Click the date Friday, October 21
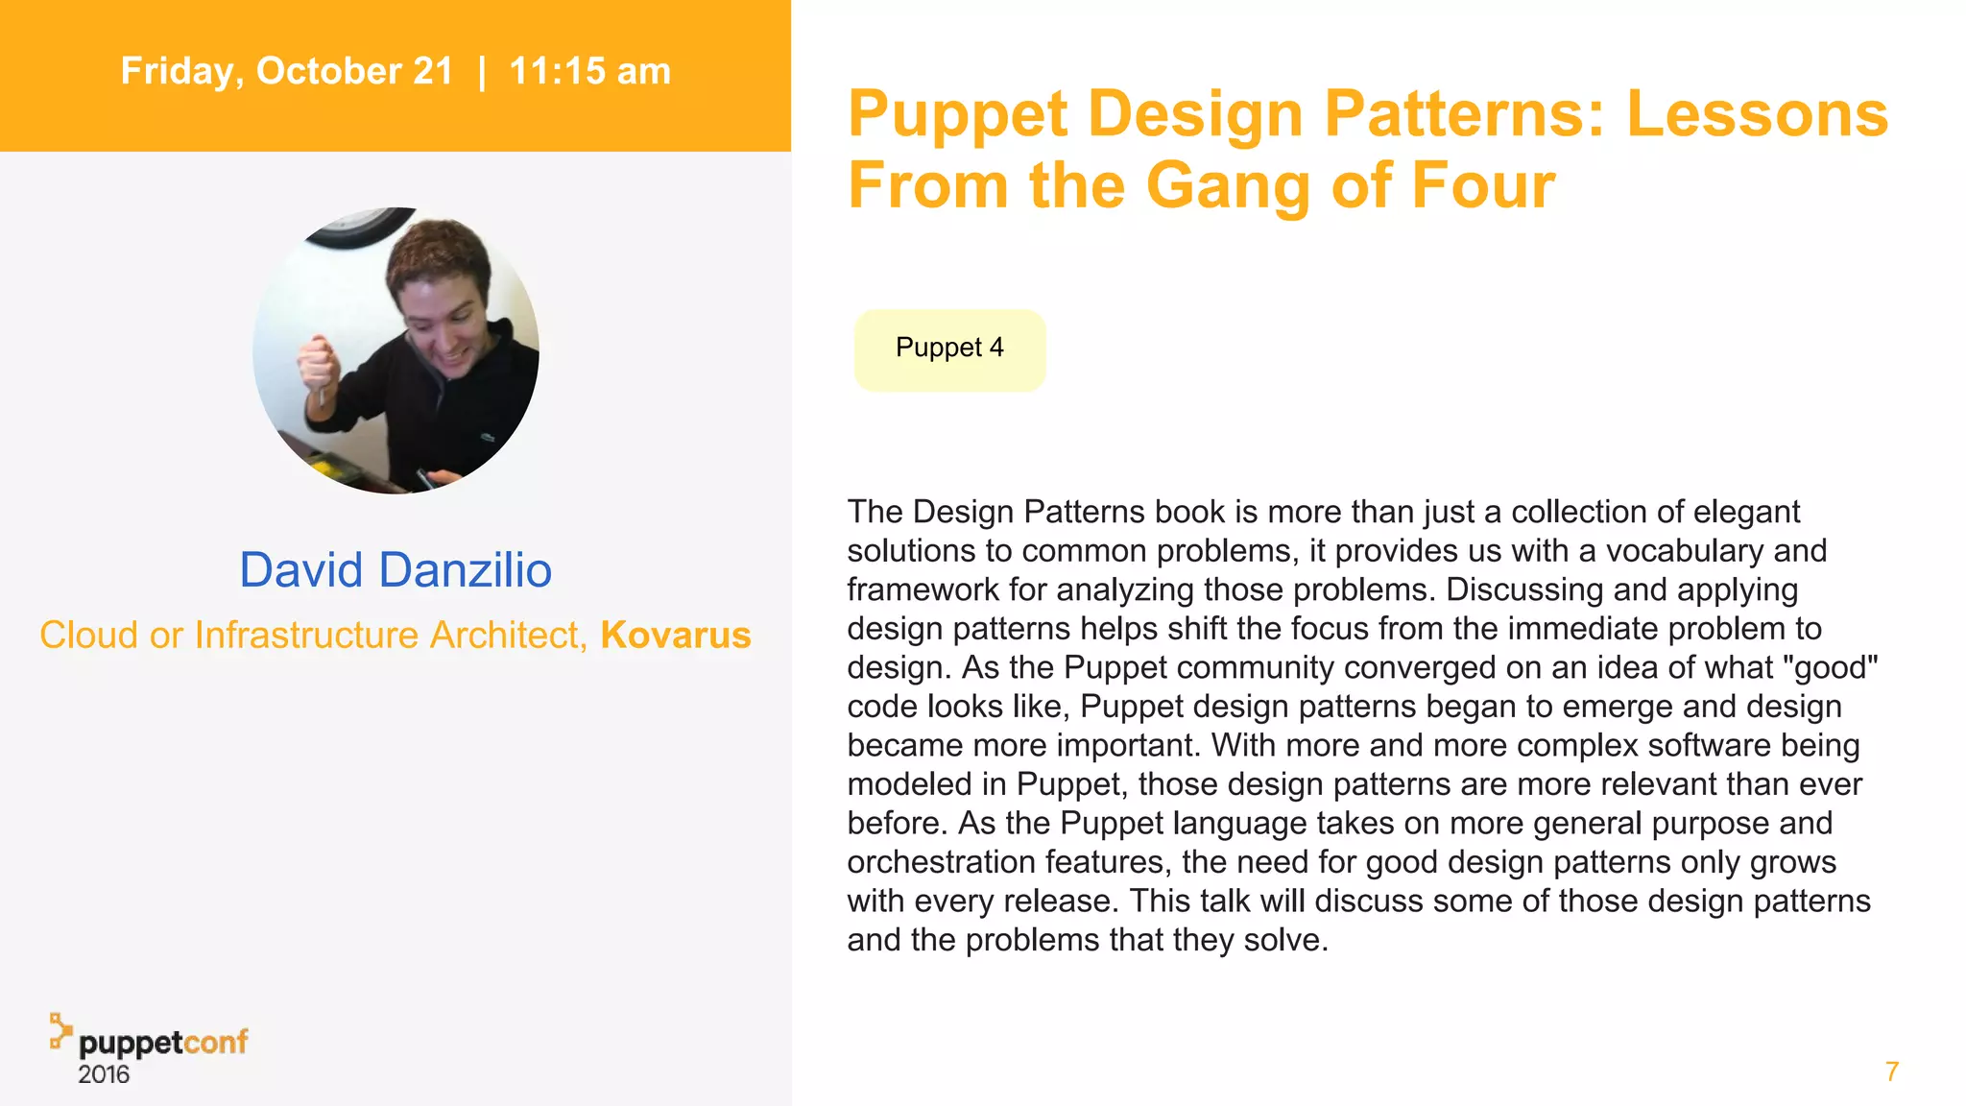tap(286, 71)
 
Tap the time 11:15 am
tap(589, 71)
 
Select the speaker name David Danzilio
tap(396, 569)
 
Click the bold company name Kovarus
tap(676, 635)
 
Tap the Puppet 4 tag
tap(949, 349)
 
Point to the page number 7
tap(1891, 1071)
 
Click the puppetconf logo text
tap(163, 1043)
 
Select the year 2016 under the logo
tap(104, 1074)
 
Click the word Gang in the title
tap(1229, 184)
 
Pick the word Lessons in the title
tap(1757, 113)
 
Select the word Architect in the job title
tap(504, 635)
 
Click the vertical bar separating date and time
tap(482, 71)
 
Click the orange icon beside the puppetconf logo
tap(60, 1030)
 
